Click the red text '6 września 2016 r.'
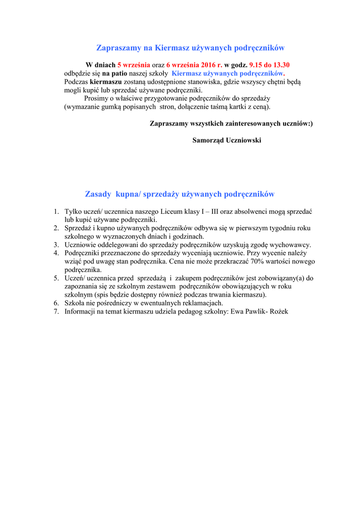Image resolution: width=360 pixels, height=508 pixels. pyautogui.click(x=194, y=65)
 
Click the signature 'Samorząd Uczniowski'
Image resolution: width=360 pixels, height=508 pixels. pyautogui.click(x=226, y=140)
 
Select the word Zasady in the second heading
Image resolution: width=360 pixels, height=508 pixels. pyautogui.click(x=98, y=194)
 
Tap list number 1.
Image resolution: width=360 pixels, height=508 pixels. pyautogui.click(x=57, y=212)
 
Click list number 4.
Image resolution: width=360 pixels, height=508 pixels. pyautogui.click(x=57, y=253)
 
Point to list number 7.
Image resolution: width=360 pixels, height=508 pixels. pyautogui.click(x=57, y=312)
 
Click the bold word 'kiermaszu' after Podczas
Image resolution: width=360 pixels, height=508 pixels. pyautogui.click(x=106, y=82)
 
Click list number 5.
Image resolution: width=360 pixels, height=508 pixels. pyautogui.click(x=57, y=278)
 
